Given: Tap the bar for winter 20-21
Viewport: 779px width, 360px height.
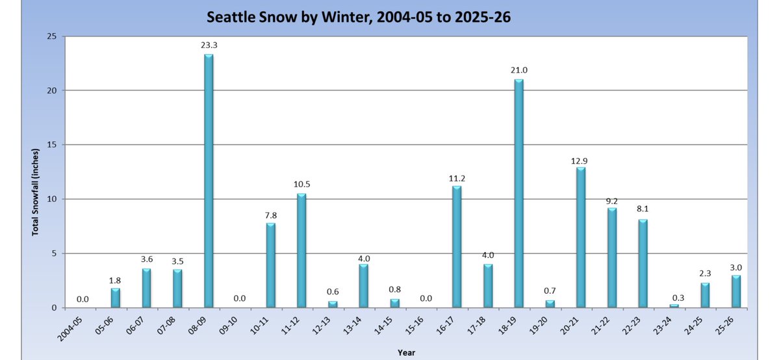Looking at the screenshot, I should pyautogui.click(x=581, y=237).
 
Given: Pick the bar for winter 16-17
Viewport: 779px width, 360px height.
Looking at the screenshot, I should pyautogui.click(x=457, y=246).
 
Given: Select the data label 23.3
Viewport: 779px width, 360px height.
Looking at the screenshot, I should pyautogui.click(x=209, y=45).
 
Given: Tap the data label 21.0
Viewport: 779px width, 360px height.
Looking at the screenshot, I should pyautogui.click(x=519, y=70).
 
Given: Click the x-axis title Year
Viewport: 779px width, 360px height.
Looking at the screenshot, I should pyautogui.click(x=406, y=353).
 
